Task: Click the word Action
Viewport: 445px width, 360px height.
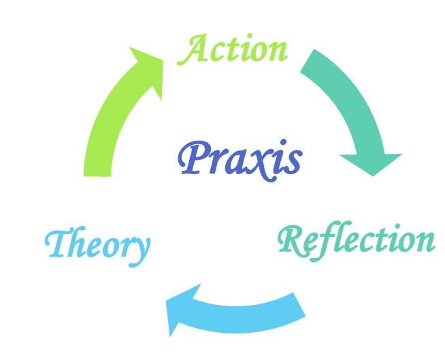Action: pyautogui.click(x=233, y=50)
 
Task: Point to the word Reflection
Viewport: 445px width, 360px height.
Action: pyautogui.click(x=357, y=240)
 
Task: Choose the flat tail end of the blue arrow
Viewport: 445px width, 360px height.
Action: pyautogui.click(x=299, y=304)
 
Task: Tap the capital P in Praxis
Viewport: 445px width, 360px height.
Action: pyautogui.click(x=193, y=159)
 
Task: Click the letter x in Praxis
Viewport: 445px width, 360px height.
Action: pyautogui.click(x=261, y=163)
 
